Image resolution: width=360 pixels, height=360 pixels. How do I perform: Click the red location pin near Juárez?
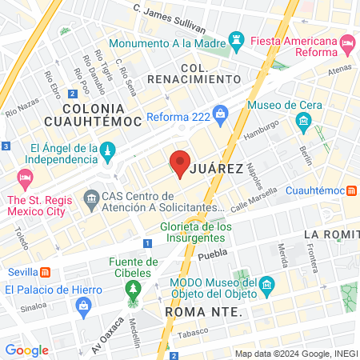[x=179, y=162]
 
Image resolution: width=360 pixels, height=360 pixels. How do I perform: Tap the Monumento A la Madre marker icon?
[x=236, y=39]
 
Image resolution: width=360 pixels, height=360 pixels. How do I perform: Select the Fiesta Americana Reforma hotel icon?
[x=346, y=41]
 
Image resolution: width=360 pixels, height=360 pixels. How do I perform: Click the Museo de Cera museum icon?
[x=303, y=122]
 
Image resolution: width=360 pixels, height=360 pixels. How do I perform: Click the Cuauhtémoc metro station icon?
[x=351, y=190]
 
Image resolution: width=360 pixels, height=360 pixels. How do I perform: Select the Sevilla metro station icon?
[x=46, y=270]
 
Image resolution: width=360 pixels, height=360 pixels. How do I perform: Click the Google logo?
[x=26, y=350]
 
